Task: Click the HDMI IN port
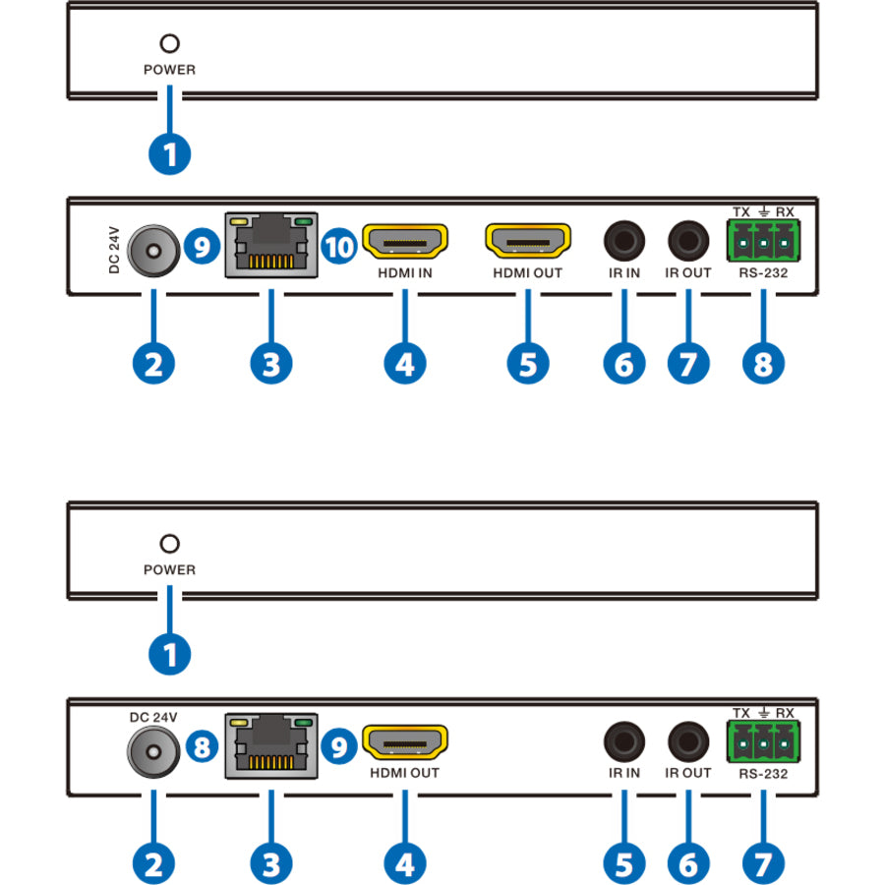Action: click(x=405, y=242)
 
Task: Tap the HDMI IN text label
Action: click(x=405, y=272)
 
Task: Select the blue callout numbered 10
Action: click(x=340, y=247)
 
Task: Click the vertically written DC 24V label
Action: click(x=113, y=250)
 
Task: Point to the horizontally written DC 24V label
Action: click(x=152, y=717)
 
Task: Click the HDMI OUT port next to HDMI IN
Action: click(x=528, y=242)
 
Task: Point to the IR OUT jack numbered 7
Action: click(x=688, y=240)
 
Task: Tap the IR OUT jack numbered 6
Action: click(x=688, y=740)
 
